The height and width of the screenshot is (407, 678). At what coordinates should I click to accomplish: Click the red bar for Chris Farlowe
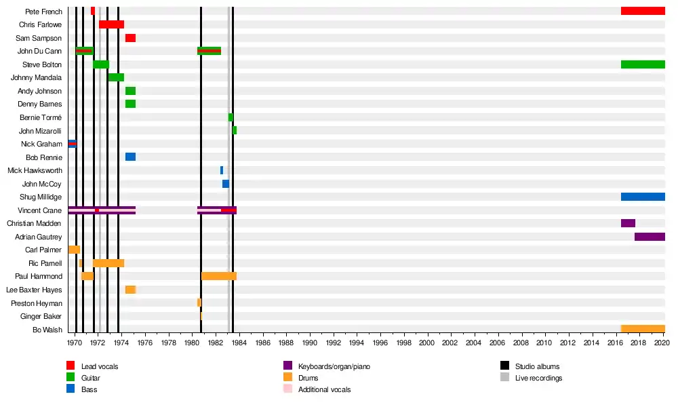pos(111,24)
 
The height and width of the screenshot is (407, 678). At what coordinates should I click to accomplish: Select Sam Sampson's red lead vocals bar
pos(130,38)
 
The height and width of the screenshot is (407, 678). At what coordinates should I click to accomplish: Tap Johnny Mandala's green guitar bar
pos(116,77)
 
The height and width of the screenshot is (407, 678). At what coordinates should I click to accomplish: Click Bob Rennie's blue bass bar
pos(130,157)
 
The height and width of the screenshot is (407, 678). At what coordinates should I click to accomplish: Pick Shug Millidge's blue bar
pos(643,197)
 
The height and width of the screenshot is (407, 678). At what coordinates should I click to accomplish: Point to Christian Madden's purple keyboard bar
pos(628,223)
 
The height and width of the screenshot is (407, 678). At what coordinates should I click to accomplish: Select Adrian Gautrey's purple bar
pos(650,237)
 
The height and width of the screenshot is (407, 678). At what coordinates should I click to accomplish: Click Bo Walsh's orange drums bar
pos(643,329)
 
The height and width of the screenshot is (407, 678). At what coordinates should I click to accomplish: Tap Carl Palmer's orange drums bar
pos(74,250)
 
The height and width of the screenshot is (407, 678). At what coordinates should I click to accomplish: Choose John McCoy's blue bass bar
pos(226,184)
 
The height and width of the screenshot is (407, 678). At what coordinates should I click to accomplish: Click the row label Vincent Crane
pos(40,210)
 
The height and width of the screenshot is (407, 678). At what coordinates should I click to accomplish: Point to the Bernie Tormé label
pos(41,117)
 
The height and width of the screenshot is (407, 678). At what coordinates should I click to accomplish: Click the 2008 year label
pos(521,343)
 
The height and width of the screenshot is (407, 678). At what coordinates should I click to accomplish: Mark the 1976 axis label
pos(145,343)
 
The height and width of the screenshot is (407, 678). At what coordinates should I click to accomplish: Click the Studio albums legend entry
pos(537,366)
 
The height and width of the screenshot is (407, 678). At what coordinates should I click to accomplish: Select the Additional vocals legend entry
pos(324,389)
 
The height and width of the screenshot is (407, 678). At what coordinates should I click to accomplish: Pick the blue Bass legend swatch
pos(71,389)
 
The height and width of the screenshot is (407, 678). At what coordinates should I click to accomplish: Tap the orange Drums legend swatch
pos(287,378)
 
